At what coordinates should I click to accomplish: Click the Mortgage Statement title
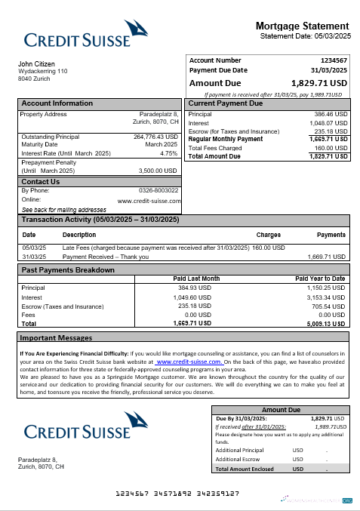click(x=302, y=26)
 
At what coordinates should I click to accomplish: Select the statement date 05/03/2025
click(x=331, y=36)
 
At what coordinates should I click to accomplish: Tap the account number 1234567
click(x=334, y=60)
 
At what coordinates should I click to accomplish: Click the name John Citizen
click(x=36, y=63)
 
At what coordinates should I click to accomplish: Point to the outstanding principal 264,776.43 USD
click(x=155, y=137)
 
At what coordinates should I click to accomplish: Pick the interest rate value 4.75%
click(x=169, y=153)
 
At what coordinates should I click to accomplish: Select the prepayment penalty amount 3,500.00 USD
click(x=158, y=171)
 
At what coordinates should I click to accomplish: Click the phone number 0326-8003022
click(x=158, y=190)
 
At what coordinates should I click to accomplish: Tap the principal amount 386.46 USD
click(x=331, y=114)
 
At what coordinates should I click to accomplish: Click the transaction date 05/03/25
click(x=34, y=248)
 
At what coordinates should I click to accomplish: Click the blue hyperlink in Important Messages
click(x=188, y=362)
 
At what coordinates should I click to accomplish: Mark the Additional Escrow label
click(x=238, y=459)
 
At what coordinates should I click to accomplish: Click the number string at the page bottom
click(x=177, y=493)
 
